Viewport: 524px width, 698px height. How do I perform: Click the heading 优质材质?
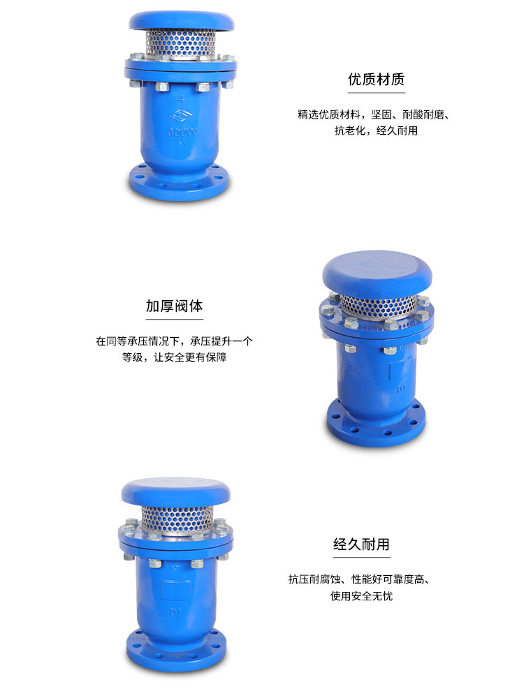pyautogui.click(x=376, y=80)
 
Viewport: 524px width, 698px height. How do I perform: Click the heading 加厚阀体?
pyautogui.click(x=174, y=306)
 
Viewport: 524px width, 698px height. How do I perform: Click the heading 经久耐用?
pyautogui.click(x=361, y=544)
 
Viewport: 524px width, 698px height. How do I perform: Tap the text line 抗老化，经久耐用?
pyautogui.click(x=376, y=131)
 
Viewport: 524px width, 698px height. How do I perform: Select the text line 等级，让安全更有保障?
pyautogui.click(x=174, y=357)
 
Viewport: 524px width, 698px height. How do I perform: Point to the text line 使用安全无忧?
pyautogui.click(x=361, y=596)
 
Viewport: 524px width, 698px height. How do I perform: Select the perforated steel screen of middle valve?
pyautogui.click(x=378, y=306)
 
